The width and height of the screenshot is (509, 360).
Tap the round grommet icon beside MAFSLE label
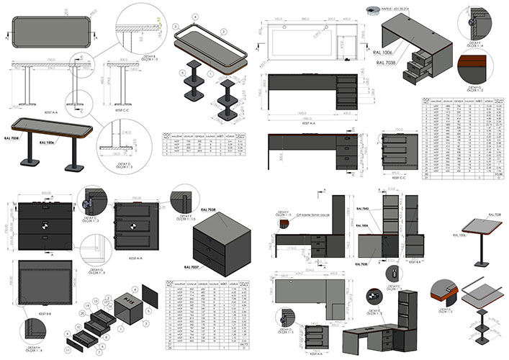(373, 10)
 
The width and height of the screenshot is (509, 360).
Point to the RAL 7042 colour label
(364, 209)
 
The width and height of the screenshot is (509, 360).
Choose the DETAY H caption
(446, 310)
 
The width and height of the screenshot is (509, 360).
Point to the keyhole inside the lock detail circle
(397, 274)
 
